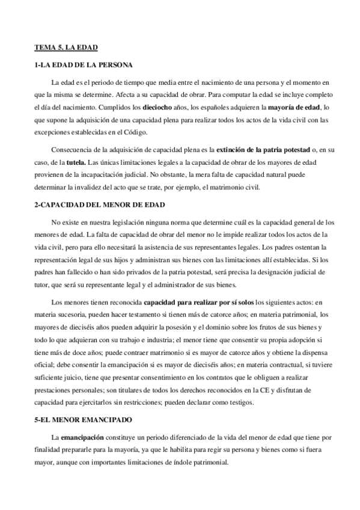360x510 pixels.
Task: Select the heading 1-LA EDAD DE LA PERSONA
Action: click(x=83, y=64)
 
